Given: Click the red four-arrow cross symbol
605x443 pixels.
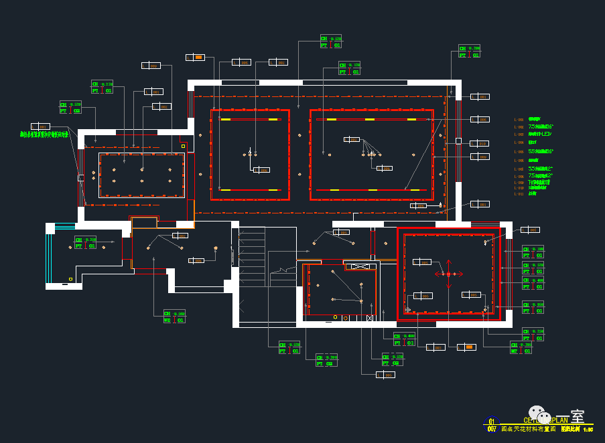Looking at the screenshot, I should tap(449, 273).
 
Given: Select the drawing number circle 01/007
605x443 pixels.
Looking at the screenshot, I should tap(492, 425).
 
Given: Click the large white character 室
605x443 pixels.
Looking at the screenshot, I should tap(578, 416).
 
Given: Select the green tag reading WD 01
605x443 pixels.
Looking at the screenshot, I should tap(174, 317).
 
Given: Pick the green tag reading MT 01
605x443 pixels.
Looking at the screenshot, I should tap(521, 347).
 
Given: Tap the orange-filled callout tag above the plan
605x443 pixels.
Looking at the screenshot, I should tap(195, 57).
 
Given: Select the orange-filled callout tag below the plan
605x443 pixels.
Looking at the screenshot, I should tap(466, 347).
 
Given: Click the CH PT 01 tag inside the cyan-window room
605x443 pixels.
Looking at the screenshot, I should tap(86, 242).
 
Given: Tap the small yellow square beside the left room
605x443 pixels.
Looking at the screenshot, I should tap(184, 145).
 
